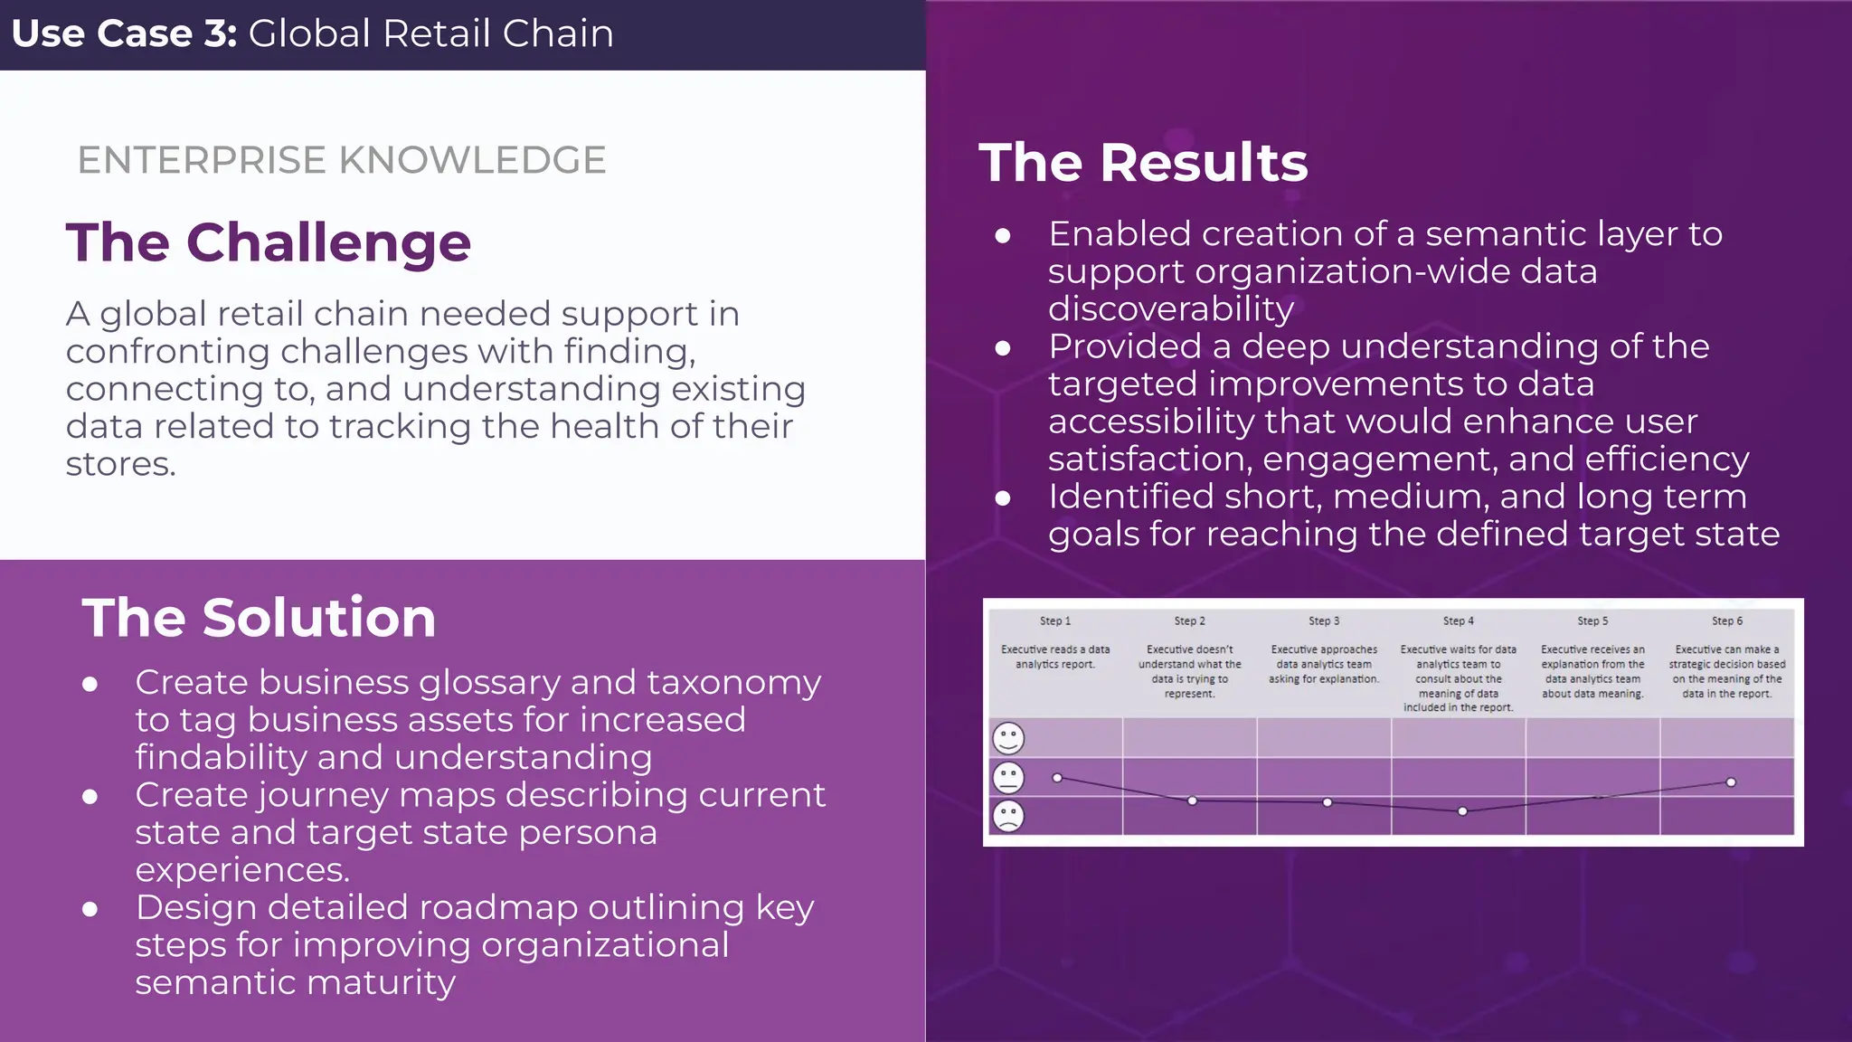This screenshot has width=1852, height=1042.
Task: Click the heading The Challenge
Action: point(269,242)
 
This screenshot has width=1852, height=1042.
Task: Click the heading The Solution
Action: point(259,618)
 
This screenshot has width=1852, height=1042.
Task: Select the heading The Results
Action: point(1143,163)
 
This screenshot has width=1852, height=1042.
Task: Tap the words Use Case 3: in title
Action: point(124,33)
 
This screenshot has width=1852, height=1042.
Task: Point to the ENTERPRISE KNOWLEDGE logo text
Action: point(342,160)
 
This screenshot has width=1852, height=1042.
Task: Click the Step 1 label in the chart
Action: point(1054,621)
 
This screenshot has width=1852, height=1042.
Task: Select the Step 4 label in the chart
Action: point(1458,621)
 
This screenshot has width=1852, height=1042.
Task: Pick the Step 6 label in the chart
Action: point(1726,621)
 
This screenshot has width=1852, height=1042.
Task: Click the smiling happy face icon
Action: point(1008,738)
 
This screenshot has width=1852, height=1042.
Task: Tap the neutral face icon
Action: point(1008,777)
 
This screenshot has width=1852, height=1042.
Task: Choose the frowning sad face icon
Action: point(1008,816)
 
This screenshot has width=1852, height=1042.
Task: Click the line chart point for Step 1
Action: point(1057,778)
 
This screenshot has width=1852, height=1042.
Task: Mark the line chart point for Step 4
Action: point(1462,811)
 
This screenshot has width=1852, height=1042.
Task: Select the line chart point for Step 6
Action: point(1731,782)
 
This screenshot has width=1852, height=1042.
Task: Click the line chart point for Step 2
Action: point(1192,800)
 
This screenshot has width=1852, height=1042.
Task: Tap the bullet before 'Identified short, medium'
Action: point(1002,498)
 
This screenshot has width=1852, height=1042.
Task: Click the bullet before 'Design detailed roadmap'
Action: point(90,909)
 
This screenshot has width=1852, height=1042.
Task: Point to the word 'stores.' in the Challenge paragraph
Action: point(120,464)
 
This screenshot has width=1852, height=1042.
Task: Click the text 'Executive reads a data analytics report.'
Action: point(1054,657)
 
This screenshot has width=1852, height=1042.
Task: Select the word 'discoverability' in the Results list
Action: point(1171,309)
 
